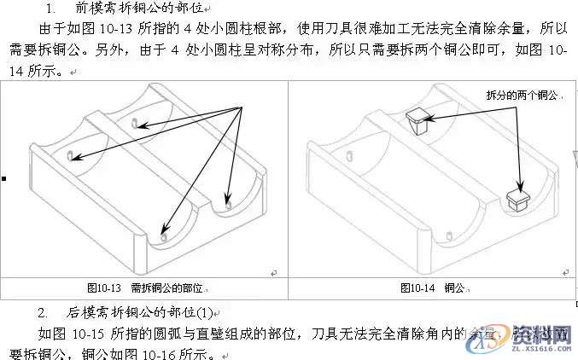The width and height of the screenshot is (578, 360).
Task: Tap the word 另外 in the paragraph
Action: pyautogui.click(x=116, y=51)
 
